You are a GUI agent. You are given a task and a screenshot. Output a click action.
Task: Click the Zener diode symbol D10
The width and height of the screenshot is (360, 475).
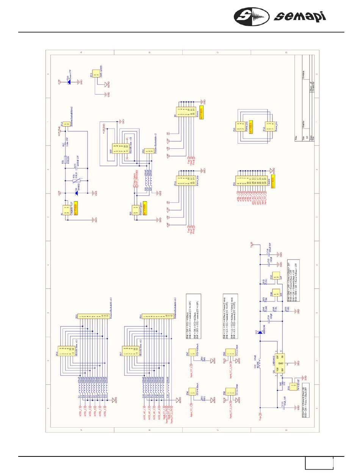point(68,80)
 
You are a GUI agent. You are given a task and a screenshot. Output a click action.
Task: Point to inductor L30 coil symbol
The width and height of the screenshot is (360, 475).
point(260,360)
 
